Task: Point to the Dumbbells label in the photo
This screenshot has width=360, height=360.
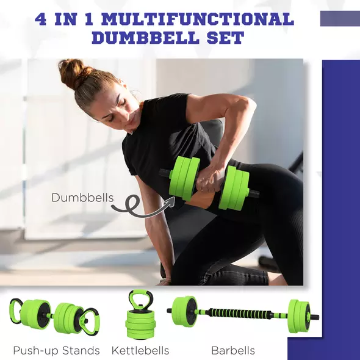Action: click(82, 197)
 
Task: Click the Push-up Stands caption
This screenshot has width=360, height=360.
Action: click(56, 350)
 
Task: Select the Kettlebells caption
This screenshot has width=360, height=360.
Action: click(140, 350)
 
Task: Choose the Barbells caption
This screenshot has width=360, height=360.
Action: click(232, 350)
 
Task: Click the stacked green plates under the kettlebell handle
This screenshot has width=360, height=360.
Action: click(140, 322)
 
